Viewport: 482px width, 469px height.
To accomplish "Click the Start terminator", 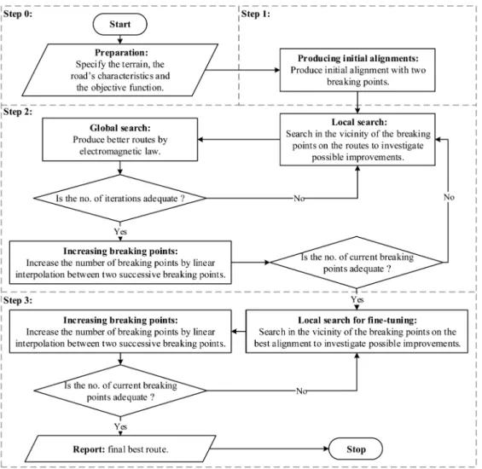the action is click(120, 24).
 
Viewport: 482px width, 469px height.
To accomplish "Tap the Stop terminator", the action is click(356, 449).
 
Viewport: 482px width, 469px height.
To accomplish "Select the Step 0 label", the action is click(18, 14).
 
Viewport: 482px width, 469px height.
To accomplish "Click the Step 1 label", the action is click(256, 14).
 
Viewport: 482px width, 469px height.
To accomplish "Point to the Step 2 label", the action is click(18, 112).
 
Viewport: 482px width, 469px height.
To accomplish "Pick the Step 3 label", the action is click(18, 300).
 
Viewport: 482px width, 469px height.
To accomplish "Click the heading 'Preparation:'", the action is click(121, 53).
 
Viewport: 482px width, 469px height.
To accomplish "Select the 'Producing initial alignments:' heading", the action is click(358, 58).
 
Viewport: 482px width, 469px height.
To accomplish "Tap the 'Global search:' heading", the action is click(120, 128).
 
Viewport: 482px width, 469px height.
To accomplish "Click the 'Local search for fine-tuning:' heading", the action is click(357, 321).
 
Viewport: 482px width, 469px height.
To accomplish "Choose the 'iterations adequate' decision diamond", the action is click(120, 198).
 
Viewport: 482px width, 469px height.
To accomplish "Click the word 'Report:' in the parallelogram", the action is click(89, 449).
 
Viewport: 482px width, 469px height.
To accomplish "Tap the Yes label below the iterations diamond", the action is click(120, 231).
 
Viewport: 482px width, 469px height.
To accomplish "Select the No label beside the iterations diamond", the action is click(299, 198).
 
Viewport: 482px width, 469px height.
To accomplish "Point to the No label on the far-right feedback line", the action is click(449, 197).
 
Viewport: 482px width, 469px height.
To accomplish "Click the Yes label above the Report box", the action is click(120, 426).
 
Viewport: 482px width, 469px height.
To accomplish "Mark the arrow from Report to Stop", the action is click(270, 449).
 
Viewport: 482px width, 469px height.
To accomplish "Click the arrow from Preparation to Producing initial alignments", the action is click(242, 70).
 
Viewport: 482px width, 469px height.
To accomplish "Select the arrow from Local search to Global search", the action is click(239, 140).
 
